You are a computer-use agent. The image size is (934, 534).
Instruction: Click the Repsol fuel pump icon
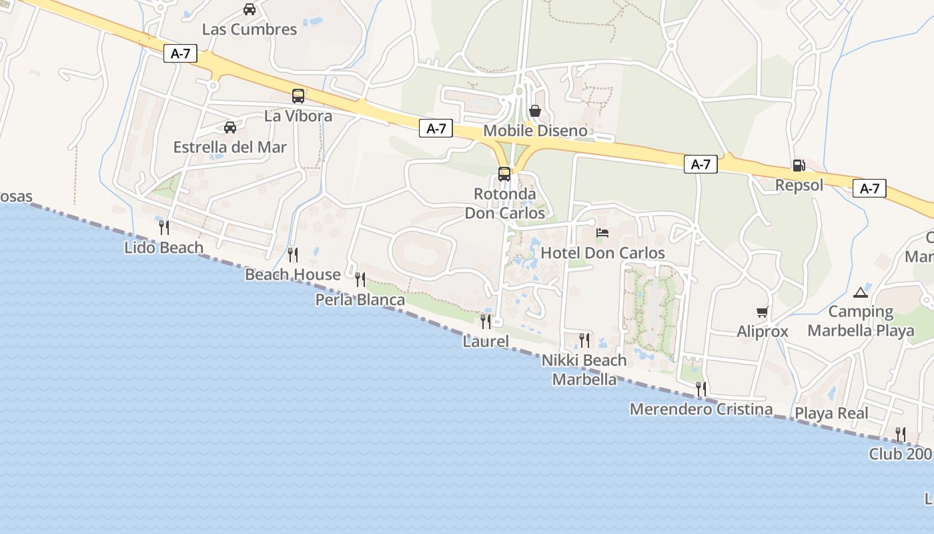pos(799,166)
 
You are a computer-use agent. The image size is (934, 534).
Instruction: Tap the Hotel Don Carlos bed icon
pos(602,233)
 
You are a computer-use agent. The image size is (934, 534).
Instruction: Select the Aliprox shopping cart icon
pos(763,312)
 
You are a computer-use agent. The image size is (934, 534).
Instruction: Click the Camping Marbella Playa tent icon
pos(860,292)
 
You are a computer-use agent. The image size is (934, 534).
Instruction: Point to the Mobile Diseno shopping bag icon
pos(534,111)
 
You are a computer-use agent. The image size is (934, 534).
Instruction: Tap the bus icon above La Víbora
pos(298,96)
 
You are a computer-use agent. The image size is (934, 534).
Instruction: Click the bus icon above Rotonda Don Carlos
pos(504,175)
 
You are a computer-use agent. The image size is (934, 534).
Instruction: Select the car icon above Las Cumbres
pos(250,9)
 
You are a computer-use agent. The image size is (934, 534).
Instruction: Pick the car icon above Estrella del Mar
pos(230,127)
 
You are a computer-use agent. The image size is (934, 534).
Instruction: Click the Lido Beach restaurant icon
pos(164,228)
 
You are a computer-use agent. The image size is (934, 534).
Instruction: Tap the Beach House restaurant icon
pos(292,254)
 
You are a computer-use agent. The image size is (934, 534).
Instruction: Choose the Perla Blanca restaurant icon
pos(360,280)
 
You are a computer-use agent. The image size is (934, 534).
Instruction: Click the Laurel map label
pos(486,342)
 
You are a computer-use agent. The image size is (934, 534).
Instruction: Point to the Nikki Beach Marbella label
pos(584,370)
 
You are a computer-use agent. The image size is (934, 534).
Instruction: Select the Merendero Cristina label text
pos(701,409)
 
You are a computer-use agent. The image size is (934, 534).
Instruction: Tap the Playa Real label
pos(831,413)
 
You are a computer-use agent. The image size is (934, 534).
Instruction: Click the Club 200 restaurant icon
pos(900,435)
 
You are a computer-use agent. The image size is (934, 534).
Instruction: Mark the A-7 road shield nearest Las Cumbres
pos(181,54)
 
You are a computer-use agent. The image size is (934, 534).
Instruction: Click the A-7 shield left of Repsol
pos(700,164)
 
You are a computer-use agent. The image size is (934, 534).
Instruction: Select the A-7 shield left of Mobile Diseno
pos(436,129)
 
